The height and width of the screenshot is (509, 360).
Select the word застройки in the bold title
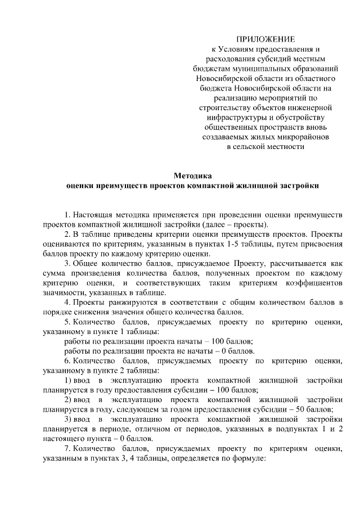[x=298, y=185]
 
